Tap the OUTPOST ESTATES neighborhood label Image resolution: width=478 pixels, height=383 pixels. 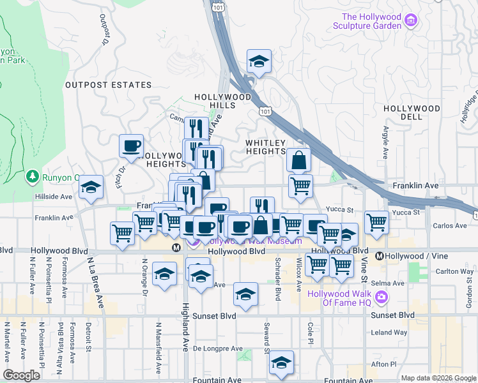(x=109, y=85)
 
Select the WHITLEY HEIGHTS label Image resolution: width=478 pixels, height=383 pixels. (x=266, y=146)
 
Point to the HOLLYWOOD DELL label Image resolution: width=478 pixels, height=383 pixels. (x=412, y=113)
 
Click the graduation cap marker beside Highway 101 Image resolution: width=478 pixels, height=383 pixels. (x=259, y=62)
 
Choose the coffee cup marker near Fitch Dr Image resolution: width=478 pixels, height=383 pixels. (x=131, y=146)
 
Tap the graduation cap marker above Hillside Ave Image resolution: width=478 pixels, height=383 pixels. (x=91, y=187)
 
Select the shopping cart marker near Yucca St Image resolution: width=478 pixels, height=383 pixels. (x=377, y=223)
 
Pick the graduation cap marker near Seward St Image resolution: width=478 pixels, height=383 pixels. (x=281, y=363)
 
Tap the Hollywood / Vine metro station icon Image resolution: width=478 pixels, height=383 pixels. (x=379, y=256)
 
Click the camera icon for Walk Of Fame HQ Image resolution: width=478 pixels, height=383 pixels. (x=382, y=296)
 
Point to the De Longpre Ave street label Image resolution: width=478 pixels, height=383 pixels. (x=218, y=349)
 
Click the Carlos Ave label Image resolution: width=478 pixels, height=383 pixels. (x=451, y=226)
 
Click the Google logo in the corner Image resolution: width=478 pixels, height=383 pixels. (x=22, y=375)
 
